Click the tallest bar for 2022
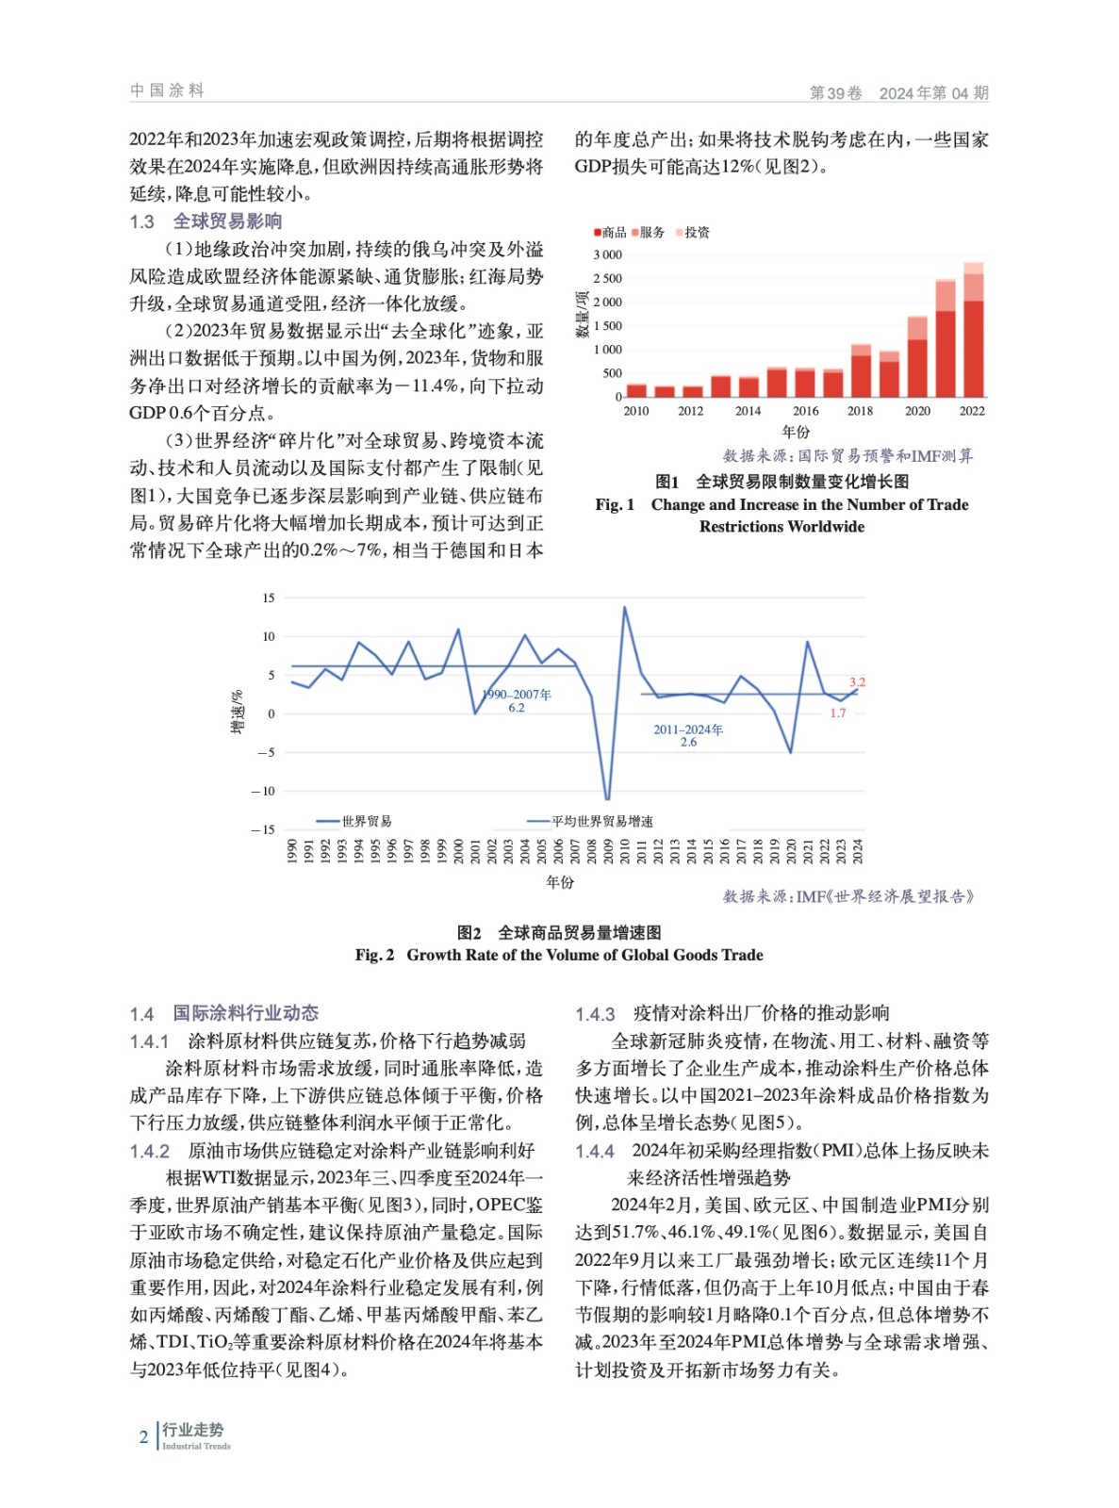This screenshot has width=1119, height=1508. click(x=973, y=330)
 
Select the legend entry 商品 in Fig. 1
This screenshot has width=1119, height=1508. click(x=612, y=232)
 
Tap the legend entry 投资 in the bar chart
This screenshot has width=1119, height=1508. click(x=696, y=232)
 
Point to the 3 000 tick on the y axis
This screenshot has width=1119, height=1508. click(x=607, y=254)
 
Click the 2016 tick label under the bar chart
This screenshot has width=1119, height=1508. click(x=805, y=411)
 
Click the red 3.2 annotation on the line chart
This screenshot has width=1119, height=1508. click(x=857, y=682)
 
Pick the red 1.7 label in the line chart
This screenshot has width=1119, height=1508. click(x=838, y=713)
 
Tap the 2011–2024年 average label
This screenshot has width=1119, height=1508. click(x=688, y=735)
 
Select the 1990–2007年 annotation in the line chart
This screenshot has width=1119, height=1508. click(x=517, y=700)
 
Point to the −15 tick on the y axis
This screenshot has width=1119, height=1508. click(x=263, y=829)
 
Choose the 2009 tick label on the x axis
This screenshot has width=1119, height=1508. click(x=608, y=851)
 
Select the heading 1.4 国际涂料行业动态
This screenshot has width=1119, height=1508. click(x=224, y=1013)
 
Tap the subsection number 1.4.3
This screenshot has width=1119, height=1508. click(x=595, y=1014)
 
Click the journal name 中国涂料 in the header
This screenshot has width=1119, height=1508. click(x=167, y=90)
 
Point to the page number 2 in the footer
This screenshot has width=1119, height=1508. click(x=143, y=1437)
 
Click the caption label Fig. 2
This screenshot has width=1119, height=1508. click(x=374, y=955)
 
